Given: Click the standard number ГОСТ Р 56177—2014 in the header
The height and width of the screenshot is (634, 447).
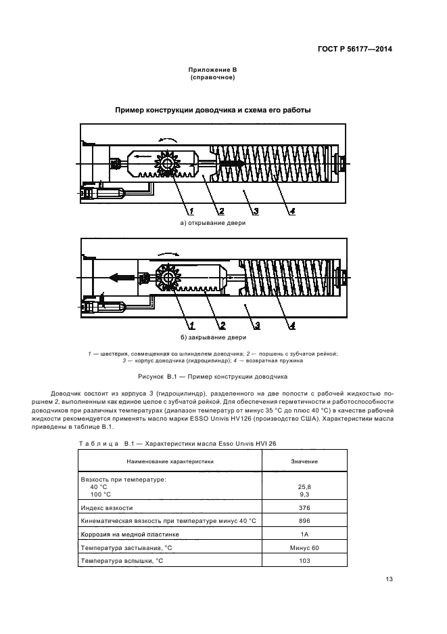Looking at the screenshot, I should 355,49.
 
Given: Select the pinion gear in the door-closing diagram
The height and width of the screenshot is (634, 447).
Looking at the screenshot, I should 166,277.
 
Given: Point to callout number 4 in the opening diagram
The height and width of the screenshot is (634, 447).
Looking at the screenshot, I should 292,211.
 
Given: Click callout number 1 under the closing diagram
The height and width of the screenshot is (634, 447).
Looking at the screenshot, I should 191,325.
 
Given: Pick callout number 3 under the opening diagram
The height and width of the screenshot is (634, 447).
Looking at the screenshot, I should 258,211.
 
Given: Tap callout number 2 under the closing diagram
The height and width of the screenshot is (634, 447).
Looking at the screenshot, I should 222,325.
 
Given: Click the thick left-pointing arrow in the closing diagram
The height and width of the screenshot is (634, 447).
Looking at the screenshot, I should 118,276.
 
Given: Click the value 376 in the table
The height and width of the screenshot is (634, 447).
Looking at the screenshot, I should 304,507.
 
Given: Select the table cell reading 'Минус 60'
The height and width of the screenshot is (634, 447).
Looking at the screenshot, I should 304,547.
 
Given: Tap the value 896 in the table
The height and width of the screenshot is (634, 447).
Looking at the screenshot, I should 304,521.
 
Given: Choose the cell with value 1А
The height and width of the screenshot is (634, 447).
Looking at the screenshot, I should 304,534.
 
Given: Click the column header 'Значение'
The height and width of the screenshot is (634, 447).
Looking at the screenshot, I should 304,461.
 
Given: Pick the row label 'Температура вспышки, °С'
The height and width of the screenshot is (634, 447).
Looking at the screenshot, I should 122,561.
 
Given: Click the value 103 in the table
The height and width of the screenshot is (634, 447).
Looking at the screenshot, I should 304,561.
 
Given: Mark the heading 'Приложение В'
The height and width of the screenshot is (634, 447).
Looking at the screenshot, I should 212,70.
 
